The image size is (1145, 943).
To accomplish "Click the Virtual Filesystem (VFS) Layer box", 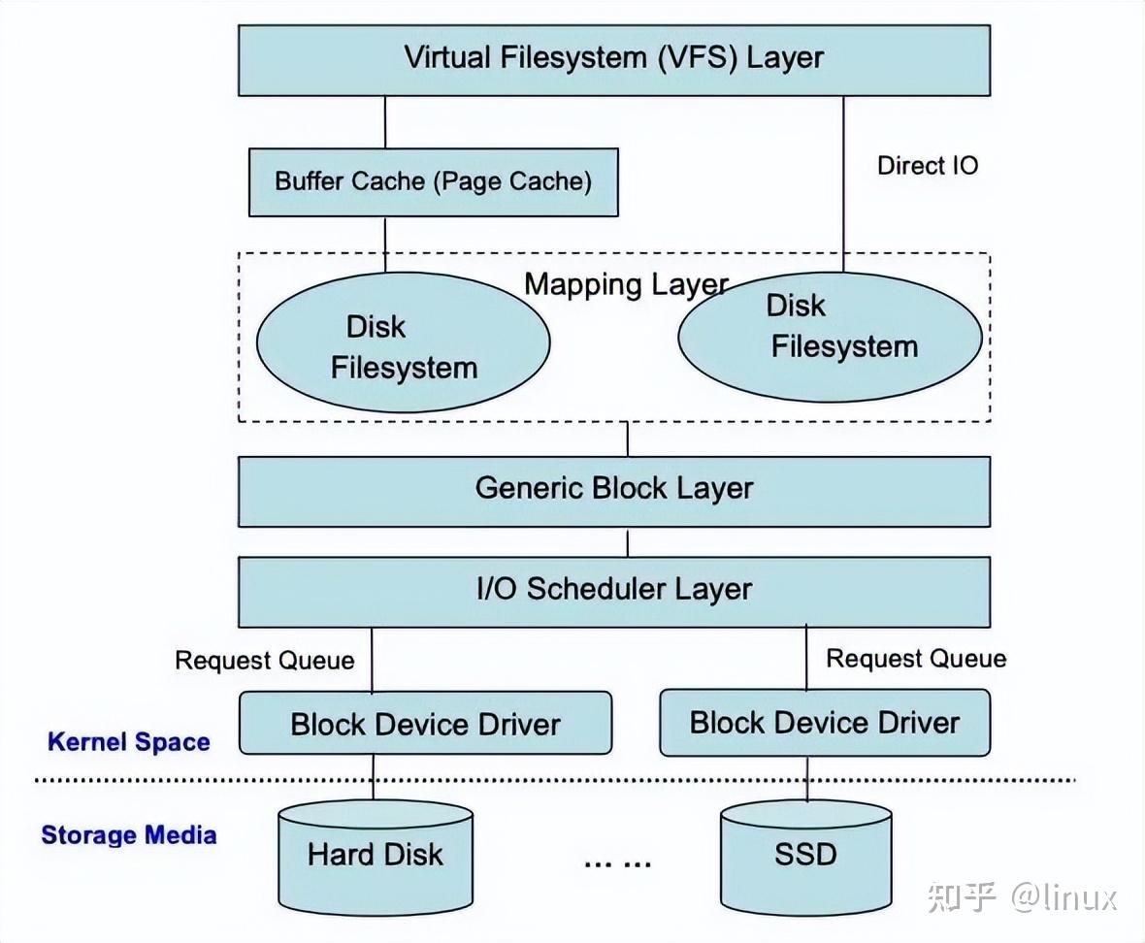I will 613,59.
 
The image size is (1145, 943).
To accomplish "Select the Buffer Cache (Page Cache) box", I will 433,181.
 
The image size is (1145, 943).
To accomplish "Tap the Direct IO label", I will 927,166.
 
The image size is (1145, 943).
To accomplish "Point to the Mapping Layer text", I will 626,285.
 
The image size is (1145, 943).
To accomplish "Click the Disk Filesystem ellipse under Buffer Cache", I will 403,345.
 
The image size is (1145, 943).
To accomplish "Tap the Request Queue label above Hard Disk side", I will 264,661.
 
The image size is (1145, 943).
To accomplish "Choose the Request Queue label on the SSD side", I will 915,660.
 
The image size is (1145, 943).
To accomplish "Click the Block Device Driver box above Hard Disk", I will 425,724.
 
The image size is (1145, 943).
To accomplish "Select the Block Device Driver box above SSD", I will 824,723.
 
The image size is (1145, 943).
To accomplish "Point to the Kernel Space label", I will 129,743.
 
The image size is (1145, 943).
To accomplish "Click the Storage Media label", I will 128,835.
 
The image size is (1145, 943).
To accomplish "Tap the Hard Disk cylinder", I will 376,855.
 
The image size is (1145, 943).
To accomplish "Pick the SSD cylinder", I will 805,855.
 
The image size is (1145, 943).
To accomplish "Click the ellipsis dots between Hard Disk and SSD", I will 616,862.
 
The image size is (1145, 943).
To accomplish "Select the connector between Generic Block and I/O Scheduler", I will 627,542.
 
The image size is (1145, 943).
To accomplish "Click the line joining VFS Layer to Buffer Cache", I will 385,121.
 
